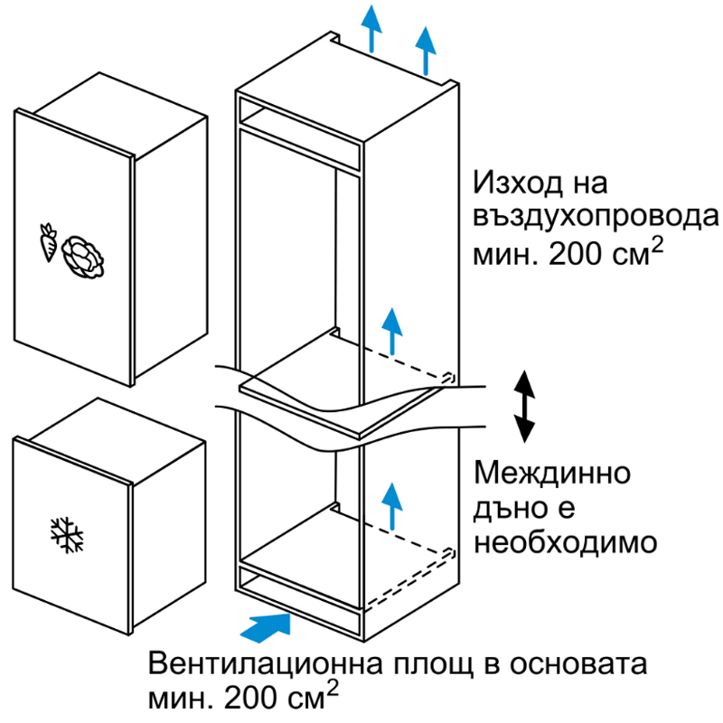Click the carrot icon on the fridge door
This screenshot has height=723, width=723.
click(x=48, y=242)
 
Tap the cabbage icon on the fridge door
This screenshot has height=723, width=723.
click(x=83, y=258)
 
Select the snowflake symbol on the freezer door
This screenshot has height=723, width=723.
click(x=66, y=535)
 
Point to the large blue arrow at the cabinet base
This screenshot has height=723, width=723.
click(x=266, y=627)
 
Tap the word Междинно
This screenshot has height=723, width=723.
click(x=552, y=473)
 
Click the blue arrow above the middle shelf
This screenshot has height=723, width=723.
click(x=392, y=331)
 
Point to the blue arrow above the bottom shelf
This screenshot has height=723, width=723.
click(x=392, y=506)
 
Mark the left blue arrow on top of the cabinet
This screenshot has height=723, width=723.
click(x=371, y=28)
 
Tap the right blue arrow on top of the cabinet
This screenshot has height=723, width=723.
click(x=426, y=51)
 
